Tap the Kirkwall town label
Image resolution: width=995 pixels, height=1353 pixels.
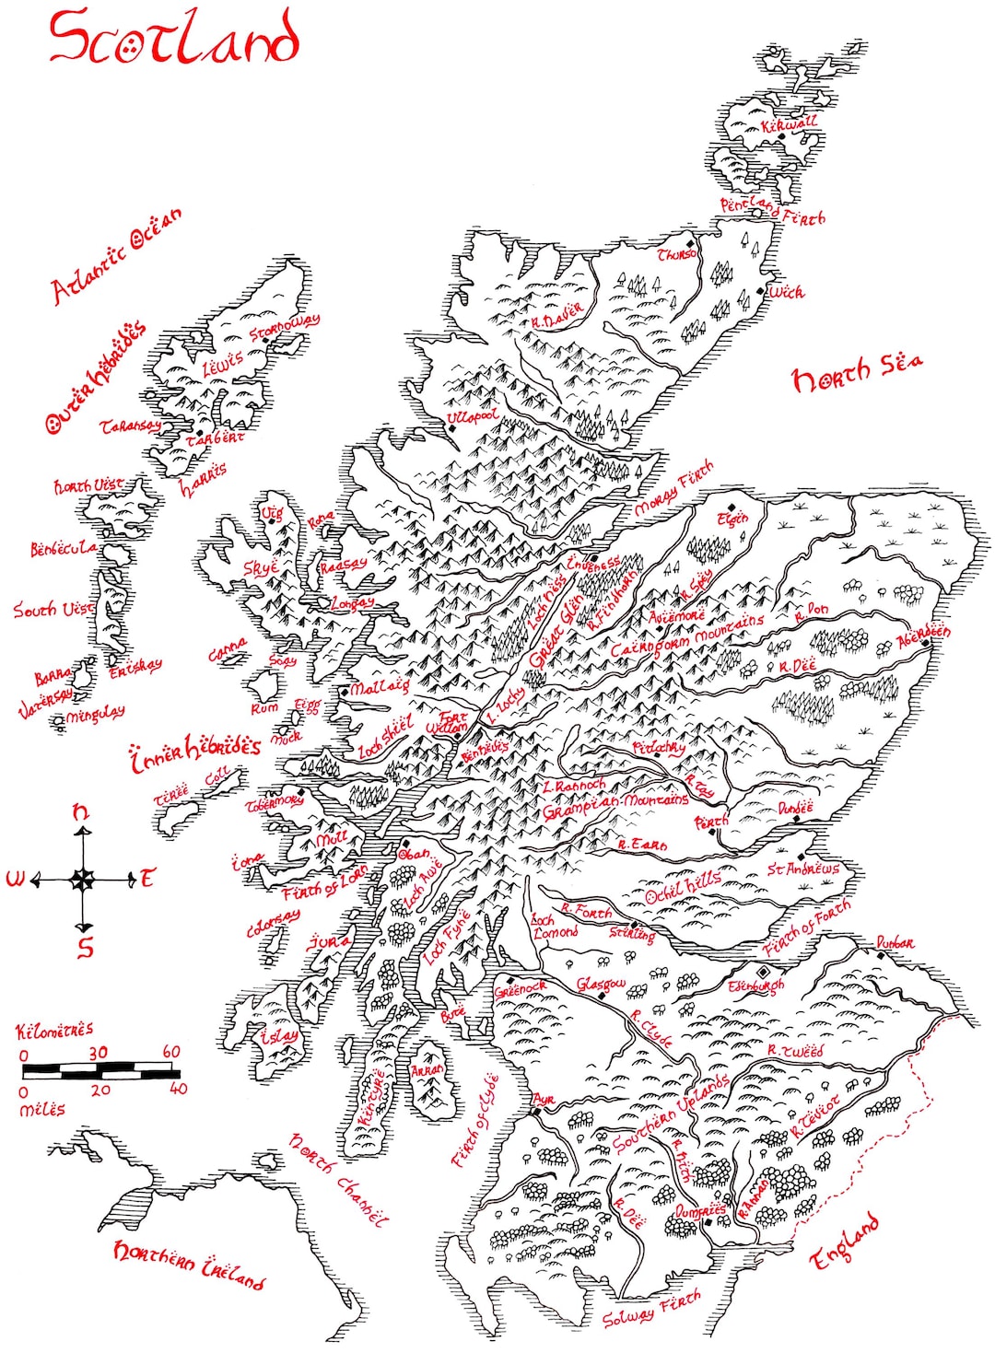click(x=789, y=122)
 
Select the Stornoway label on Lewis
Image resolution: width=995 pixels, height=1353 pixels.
click(x=285, y=326)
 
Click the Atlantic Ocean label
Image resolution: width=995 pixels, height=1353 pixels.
click(x=116, y=255)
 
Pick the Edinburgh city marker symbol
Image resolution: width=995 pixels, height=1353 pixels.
click(x=762, y=972)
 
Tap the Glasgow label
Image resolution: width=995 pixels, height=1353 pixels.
click(x=601, y=985)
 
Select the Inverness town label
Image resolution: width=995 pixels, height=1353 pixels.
click(x=593, y=563)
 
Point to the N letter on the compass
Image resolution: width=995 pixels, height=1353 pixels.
click(x=81, y=812)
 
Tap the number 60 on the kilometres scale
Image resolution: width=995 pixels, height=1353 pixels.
click(x=171, y=1052)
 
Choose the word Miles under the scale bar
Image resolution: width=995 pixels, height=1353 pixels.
click(x=42, y=1110)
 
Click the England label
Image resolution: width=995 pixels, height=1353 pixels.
click(x=844, y=1243)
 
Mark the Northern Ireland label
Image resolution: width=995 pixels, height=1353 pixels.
click(x=189, y=1263)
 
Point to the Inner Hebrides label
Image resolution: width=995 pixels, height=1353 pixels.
click(x=195, y=751)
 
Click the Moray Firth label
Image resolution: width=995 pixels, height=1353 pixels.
click(x=673, y=488)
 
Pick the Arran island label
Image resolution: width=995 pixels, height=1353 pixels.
click(x=427, y=1071)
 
